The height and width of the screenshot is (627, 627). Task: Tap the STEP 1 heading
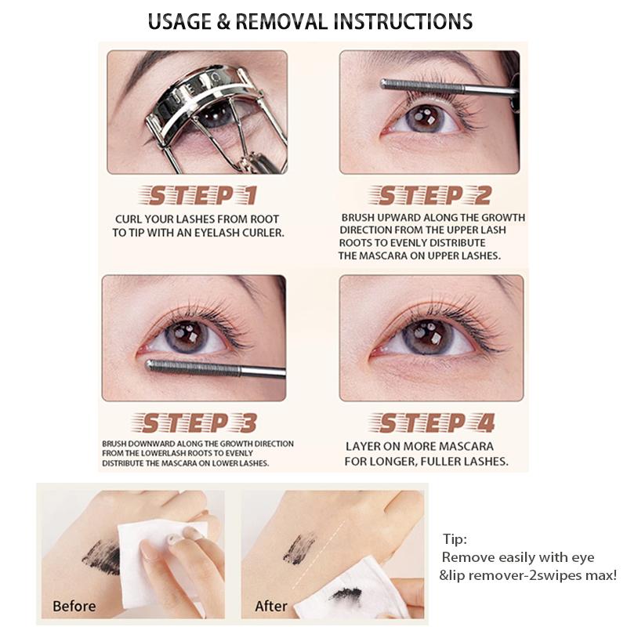coord(201,195)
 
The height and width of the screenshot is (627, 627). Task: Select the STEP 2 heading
coord(434,195)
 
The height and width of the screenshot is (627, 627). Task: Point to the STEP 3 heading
coord(201,424)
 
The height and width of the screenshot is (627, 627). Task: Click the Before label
coord(74,606)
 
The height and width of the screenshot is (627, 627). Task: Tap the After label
coord(271,606)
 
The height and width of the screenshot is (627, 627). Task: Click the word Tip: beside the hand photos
coord(455,540)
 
